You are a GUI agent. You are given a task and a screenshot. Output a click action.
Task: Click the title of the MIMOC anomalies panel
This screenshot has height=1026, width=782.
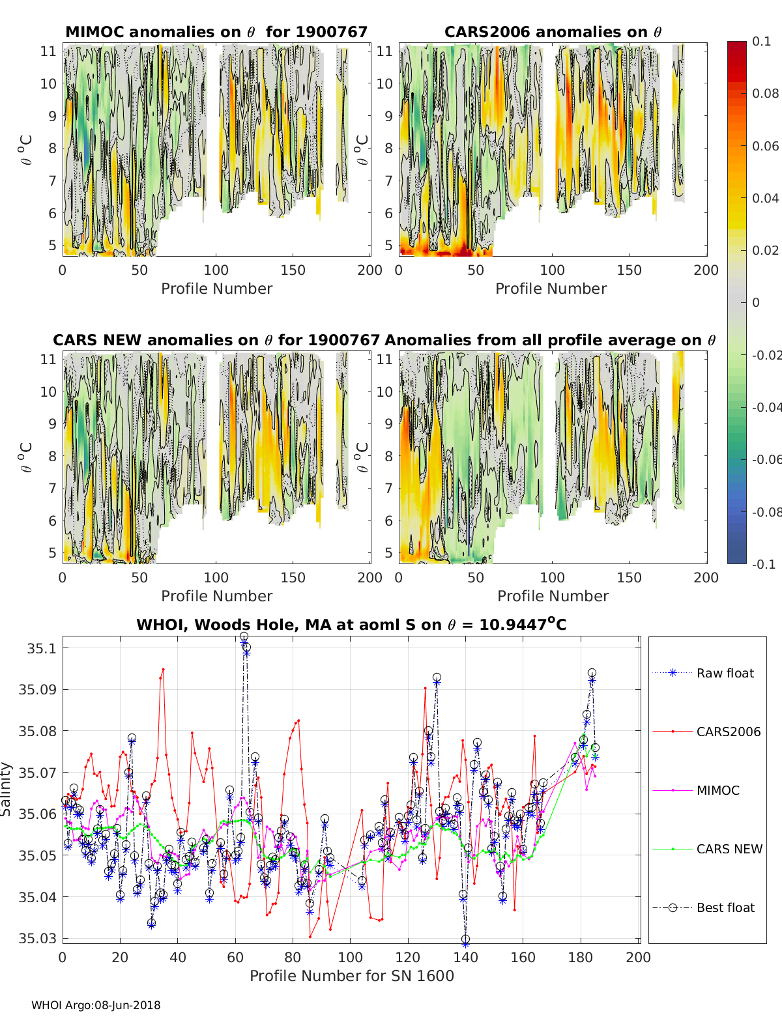point(216,32)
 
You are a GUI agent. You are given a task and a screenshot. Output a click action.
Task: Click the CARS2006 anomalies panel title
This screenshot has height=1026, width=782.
point(553,32)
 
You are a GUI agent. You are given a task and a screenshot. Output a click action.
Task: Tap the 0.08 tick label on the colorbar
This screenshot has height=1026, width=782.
point(765,93)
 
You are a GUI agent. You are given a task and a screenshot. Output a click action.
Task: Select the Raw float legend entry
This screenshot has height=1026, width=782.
point(725,673)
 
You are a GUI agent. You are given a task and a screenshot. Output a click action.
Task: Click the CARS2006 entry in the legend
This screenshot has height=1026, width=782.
point(728,732)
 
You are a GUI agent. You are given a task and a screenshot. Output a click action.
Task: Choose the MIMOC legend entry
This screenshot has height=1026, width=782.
point(717,790)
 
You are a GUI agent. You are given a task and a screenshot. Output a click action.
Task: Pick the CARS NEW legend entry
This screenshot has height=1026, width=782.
point(729,849)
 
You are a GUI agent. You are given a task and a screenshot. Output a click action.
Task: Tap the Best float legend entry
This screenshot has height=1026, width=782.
point(725,907)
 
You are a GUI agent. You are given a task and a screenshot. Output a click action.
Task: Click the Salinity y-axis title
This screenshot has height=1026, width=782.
point(7,789)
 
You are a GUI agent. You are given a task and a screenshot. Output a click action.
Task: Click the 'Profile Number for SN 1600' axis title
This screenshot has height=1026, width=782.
point(351,976)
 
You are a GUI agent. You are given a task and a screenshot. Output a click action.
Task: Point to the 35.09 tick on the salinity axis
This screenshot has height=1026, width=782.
point(36,690)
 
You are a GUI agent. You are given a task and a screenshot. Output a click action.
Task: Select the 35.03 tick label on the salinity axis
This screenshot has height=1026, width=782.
point(36,939)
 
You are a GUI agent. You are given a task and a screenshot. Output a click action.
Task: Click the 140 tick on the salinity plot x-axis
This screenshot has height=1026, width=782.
point(465,958)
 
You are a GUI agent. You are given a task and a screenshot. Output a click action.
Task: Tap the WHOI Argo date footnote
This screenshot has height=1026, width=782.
point(96,1005)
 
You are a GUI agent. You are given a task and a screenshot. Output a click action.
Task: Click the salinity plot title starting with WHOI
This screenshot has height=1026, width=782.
point(351,625)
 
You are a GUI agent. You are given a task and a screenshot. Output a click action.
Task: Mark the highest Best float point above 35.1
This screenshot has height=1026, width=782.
point(244,636)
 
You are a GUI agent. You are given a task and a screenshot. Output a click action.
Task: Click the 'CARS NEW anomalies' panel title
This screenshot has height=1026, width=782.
point(216,340)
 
